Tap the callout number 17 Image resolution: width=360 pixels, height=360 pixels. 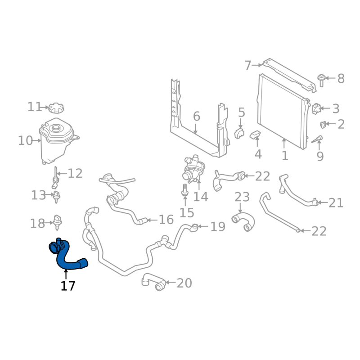click(68, 286)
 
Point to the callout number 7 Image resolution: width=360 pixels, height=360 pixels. click(247, 66)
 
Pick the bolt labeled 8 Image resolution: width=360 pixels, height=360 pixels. click(321, 79)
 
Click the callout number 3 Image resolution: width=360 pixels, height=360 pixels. click(336, 108)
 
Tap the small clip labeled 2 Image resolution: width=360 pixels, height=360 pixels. click(323, 124)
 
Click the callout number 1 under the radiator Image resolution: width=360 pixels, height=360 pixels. click(284, 156)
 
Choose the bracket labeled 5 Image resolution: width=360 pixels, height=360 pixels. click(239, 133)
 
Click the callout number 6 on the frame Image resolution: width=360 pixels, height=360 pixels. click(196, 117)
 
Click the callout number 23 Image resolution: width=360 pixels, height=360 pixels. click(242, 197)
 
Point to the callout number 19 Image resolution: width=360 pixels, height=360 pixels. click(218, 227)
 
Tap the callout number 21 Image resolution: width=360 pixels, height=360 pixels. click(336, 203)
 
